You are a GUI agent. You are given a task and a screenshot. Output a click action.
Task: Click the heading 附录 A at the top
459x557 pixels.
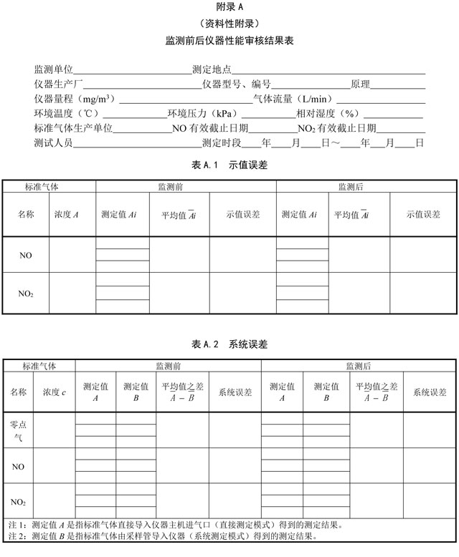click(x=229, y=6)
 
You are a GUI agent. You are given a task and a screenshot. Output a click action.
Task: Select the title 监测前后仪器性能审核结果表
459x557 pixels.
click(x=229, y=41)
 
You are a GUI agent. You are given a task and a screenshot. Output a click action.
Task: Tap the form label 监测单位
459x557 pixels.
click(x=54, y=70)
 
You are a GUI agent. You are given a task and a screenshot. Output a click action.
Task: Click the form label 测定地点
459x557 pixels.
click(x=212, y=70)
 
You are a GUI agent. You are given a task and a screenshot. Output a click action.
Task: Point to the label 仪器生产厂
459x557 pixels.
click(x=59, y=84)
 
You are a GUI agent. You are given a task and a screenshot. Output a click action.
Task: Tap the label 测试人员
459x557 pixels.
click(x=54, y=142)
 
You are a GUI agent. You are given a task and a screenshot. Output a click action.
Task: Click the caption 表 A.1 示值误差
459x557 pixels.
click(x=229, y=165)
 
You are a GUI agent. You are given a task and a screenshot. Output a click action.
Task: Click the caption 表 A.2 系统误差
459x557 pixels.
click(x=229, y=344)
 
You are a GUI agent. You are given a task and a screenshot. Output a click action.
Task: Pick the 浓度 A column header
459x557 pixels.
click(x=67, y=214)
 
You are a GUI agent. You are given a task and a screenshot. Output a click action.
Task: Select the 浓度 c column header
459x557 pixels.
click(x=55, y=392)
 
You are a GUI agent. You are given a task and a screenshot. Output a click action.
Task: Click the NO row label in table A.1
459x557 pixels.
click(x=25, y=255)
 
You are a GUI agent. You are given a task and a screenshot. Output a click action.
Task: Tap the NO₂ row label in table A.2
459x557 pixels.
click(x=19, y=501)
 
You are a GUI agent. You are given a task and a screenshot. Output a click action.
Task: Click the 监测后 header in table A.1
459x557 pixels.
click(x=351, y=187)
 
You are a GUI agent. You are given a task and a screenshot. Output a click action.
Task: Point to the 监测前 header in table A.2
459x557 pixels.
click(x=169, y=366)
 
